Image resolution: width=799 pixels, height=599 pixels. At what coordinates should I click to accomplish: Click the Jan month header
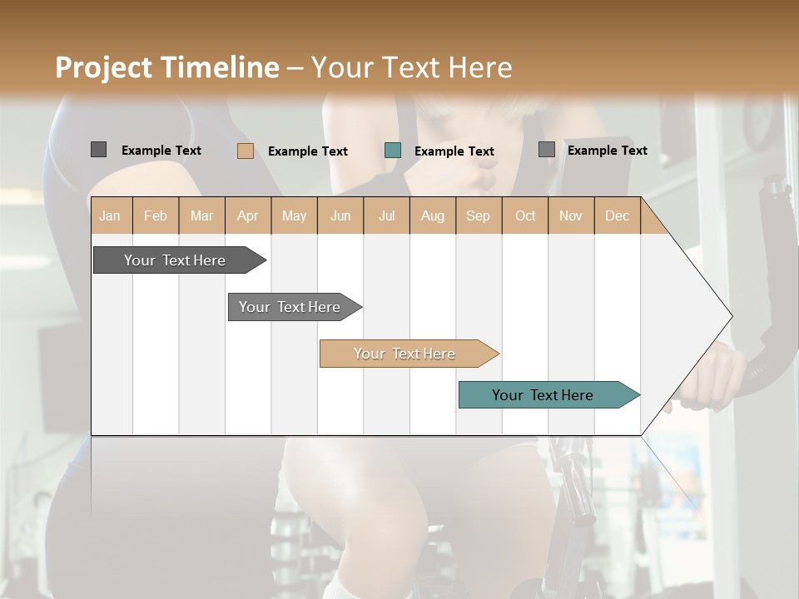111,215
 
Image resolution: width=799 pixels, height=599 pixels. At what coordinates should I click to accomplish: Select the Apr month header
248,215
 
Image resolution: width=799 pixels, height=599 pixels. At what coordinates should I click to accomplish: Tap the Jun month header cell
340,215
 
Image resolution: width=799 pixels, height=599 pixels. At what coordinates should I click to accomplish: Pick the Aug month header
433,215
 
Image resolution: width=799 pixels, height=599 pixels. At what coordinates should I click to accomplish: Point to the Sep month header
479,215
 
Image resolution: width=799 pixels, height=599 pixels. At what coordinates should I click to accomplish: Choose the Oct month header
525,215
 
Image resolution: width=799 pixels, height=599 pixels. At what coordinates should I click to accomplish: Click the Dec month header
618,215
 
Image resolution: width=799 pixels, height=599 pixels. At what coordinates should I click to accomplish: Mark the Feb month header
156,215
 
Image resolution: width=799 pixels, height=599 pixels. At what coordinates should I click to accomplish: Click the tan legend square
245,151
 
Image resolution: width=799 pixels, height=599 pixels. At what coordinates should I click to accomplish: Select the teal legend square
393,150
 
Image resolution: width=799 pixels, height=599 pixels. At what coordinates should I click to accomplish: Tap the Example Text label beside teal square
454,151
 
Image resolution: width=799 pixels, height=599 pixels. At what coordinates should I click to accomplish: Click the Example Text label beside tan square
308,151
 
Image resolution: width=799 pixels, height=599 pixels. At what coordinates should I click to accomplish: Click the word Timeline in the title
220,67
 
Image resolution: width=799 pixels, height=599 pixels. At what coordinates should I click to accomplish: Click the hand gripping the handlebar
712,379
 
